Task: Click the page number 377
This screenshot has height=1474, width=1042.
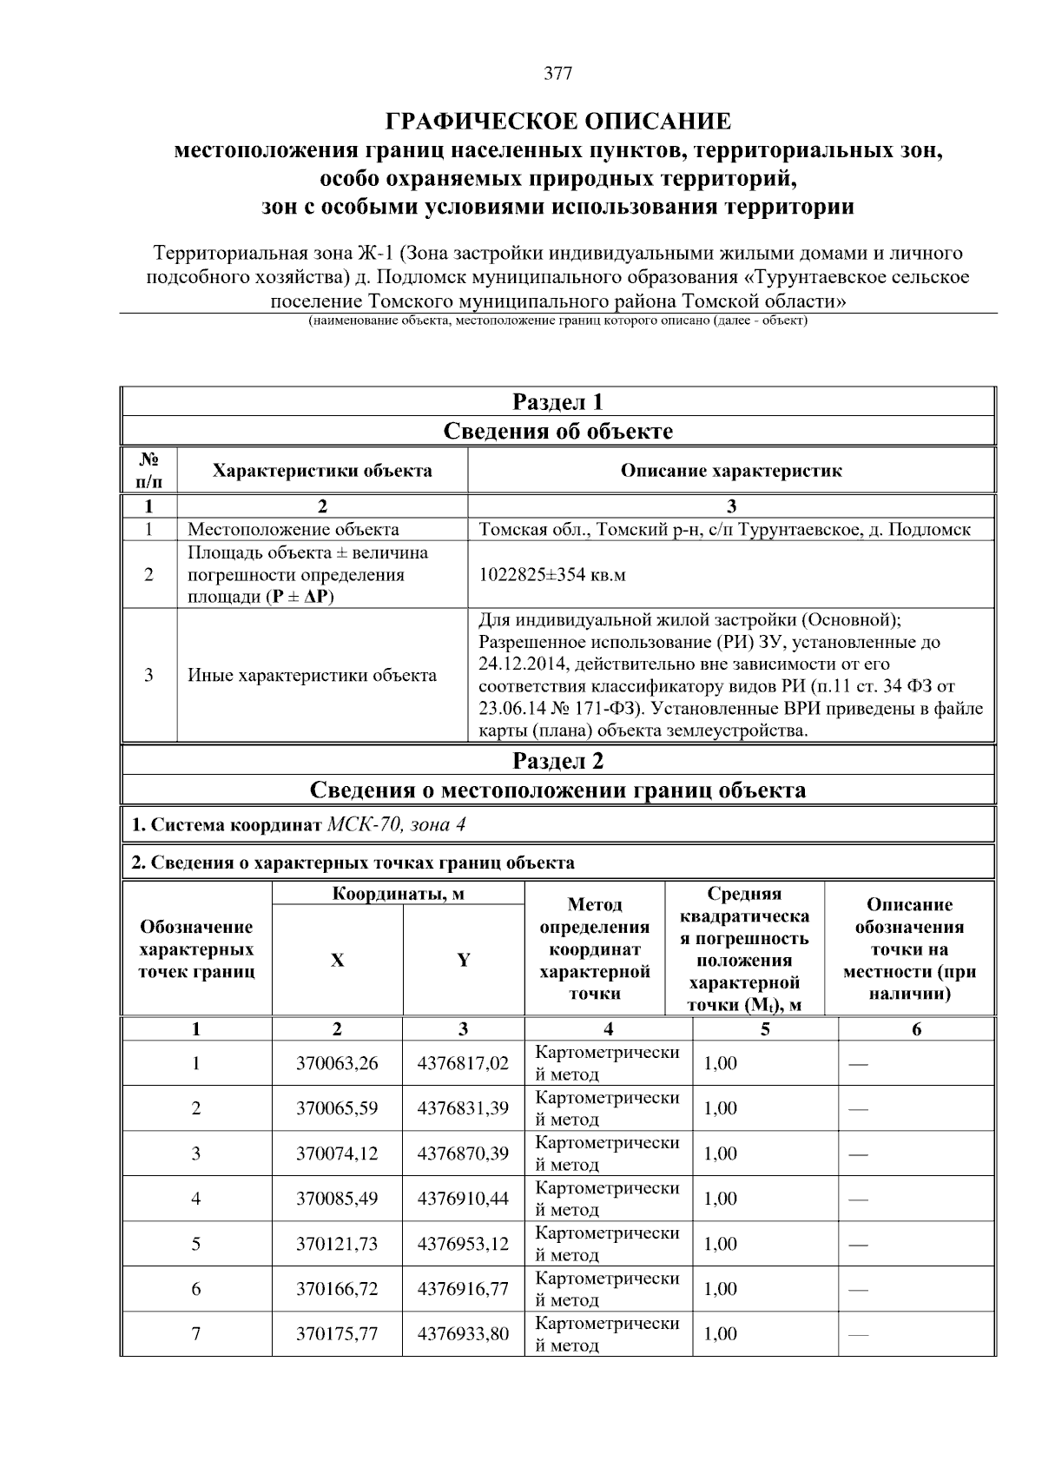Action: pos(557,74)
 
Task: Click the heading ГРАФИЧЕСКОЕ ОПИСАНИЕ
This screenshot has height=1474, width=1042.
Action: pos(557,121)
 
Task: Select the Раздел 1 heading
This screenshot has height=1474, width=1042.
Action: pos(557,402)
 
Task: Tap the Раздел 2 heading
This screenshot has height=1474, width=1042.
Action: pos(557,761)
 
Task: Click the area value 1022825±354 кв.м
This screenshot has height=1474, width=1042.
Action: pos(552,575)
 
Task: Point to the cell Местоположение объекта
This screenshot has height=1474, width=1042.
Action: pos(293,530)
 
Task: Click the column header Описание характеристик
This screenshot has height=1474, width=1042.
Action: pos(730,471)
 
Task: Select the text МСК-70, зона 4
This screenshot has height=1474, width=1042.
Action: pos(397,824)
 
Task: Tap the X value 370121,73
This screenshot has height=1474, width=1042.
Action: pos(337,1244)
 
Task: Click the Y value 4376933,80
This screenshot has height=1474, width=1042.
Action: pos(463,1334)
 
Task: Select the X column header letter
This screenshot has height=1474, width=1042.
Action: pos(337,960)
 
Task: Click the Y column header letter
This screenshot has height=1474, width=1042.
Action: pos(464,960)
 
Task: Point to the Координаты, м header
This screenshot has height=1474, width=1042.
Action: pos(398,894)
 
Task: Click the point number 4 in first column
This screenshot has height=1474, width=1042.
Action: pos(196,1199)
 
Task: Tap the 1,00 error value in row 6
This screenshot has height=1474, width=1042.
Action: pos(720,1289)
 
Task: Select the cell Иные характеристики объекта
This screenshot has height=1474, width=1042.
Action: pos(313,675)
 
